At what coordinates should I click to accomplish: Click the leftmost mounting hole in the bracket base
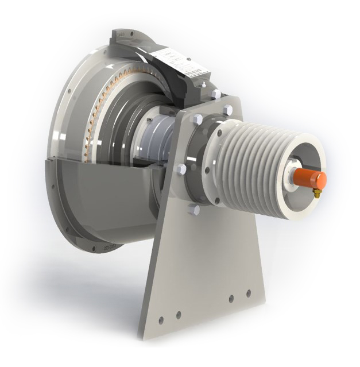tap(161, 319)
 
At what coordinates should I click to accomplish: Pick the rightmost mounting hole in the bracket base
tap(249, 293)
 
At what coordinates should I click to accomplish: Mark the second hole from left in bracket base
tap(178, 314)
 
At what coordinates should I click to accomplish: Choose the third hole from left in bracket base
tap(231, 299)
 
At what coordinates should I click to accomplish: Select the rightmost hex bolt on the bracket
tap(228, 110)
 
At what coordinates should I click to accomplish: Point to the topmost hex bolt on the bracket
tap(216, 94)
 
